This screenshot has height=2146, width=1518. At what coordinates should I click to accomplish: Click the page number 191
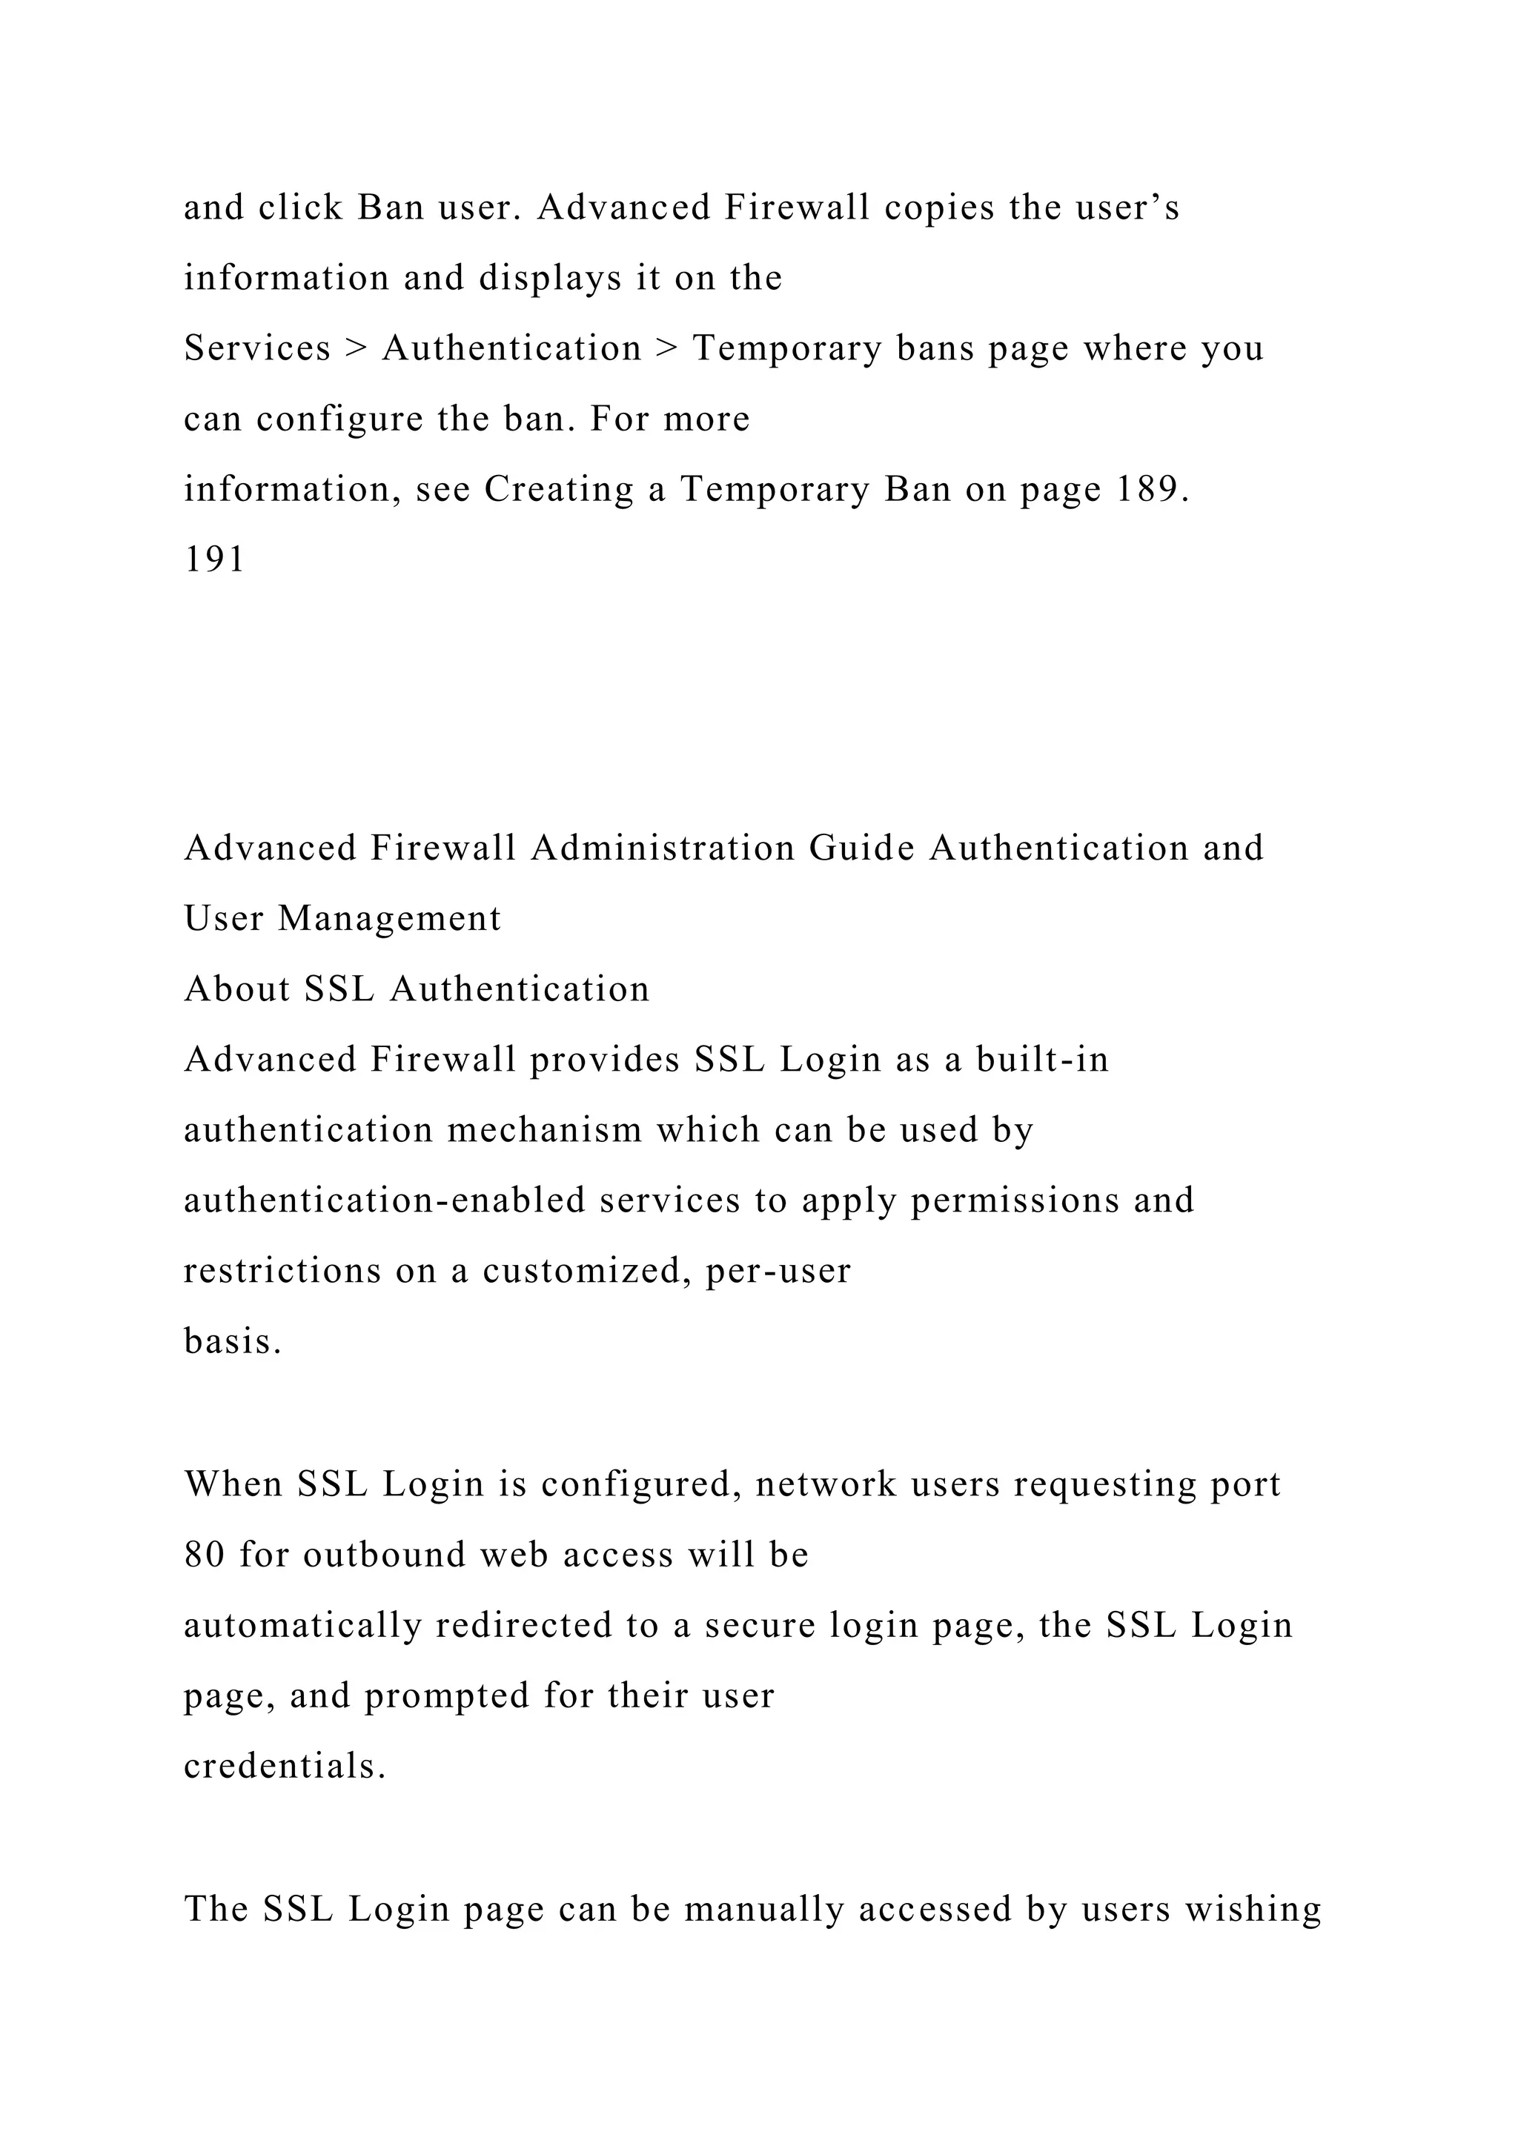[214, 560]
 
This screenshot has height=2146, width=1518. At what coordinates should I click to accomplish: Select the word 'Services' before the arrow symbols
[257, 348]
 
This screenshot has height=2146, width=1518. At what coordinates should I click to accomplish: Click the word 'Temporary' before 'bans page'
[787, 348]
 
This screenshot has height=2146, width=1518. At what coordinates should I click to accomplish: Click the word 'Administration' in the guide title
[663, 848]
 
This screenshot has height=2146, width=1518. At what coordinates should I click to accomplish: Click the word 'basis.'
[233, 1342]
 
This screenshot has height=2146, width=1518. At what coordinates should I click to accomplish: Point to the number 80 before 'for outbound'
[205, 1555]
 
